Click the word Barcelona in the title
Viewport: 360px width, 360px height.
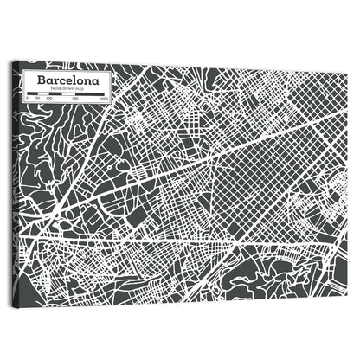67,80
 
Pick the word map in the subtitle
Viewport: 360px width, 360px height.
80,89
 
